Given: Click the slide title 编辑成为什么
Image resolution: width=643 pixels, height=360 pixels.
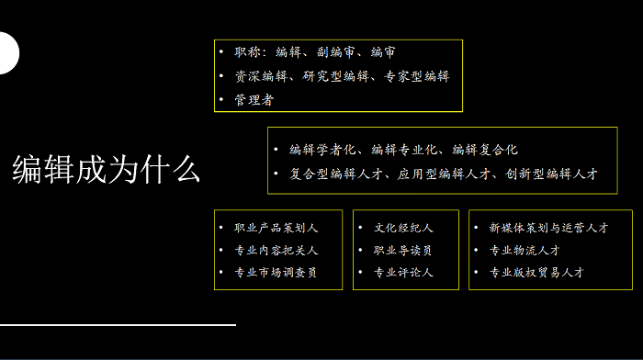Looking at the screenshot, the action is [107, 169].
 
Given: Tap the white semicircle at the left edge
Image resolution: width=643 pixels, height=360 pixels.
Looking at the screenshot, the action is [8, 53].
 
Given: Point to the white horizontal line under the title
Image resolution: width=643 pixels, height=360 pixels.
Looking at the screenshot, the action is [118, 325].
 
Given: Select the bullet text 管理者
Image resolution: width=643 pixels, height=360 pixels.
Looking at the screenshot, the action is [254, 99].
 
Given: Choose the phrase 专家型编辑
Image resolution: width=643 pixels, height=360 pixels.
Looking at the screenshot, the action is [417, 76].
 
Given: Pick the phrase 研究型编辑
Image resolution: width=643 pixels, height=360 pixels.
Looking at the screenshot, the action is [335, 76].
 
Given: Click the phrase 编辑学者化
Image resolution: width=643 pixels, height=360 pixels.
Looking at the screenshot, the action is [322, 150].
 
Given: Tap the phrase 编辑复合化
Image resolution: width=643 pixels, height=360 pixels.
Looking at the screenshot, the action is [485, 150].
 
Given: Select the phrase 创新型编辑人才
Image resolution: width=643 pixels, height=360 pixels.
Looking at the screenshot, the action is [551, 174].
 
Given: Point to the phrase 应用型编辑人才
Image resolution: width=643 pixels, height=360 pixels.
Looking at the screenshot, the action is [444, 174].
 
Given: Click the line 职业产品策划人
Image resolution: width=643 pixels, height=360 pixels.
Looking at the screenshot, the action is [276, 228].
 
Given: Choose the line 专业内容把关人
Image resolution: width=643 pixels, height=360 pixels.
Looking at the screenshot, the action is [276, 250].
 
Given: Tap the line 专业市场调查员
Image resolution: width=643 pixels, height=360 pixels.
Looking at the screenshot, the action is [276, 272].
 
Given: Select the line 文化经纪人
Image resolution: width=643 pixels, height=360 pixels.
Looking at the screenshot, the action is [403, 228].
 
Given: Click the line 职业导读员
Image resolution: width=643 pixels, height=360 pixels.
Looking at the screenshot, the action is [402, 250].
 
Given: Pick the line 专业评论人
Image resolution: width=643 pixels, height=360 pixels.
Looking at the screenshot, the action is [403, 272].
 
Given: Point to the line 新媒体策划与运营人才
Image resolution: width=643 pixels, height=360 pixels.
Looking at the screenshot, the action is [548, 228].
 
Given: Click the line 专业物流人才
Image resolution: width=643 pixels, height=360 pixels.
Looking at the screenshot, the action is [525, 250].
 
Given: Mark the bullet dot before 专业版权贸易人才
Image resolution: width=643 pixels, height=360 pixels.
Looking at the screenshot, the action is [476, 272].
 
